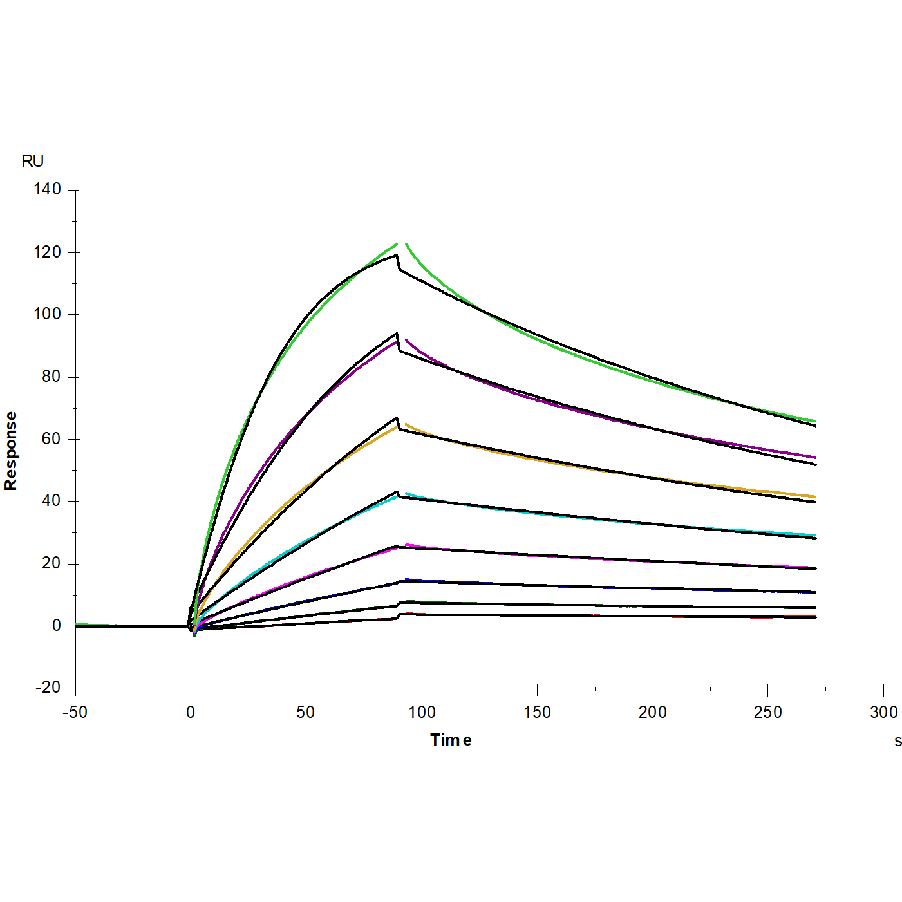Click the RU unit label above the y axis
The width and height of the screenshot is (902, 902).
(x=32, y=161)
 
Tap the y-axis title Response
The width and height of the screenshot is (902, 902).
(x=11, y=451)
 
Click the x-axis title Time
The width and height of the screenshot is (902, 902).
(x=451, y=740)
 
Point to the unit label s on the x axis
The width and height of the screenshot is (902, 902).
(x=897, y=741)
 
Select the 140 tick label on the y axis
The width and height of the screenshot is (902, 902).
(x=48, y=189)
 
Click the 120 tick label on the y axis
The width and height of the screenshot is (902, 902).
(x=48, y=252)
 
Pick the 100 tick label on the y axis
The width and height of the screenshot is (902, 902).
(x=48, y=314)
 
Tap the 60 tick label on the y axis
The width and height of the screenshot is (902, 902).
(x=51, y=439)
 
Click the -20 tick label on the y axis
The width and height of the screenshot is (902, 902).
(x=48, y=688)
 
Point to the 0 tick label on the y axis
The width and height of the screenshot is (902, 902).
(x=57, y=626)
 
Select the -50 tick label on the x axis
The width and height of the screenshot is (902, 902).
(x=75, y=712)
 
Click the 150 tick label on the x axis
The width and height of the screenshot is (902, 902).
(x=537, y=712)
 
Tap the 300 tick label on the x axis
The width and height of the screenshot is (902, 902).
(x=883, y=712)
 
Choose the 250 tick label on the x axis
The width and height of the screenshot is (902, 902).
(x=767, y=712)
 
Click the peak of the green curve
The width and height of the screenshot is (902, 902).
(x=397, y=243)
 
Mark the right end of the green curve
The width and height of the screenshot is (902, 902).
(x=814, y=421)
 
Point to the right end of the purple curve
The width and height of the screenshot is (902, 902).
(x=814, y=457)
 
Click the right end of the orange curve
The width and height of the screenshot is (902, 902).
(x=814, y=497)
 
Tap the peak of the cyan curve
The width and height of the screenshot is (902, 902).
(x=406, y=494)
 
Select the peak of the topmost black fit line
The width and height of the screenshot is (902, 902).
(x=397, y=255)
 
